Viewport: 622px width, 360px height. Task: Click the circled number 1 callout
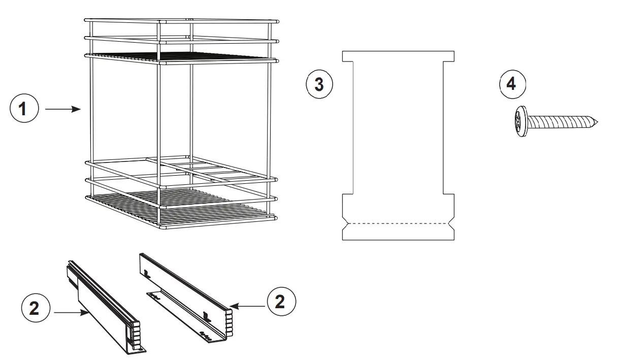click(x=24, y=109)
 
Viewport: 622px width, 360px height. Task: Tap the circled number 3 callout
click(x=319, y=84)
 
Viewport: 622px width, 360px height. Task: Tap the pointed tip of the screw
click(x=597, y=122)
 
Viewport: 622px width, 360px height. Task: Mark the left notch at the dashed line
click(x=345, y=223)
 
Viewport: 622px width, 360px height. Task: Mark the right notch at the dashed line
click(x=451, y=223)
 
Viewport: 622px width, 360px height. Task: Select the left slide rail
click(x=104, y=305)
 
